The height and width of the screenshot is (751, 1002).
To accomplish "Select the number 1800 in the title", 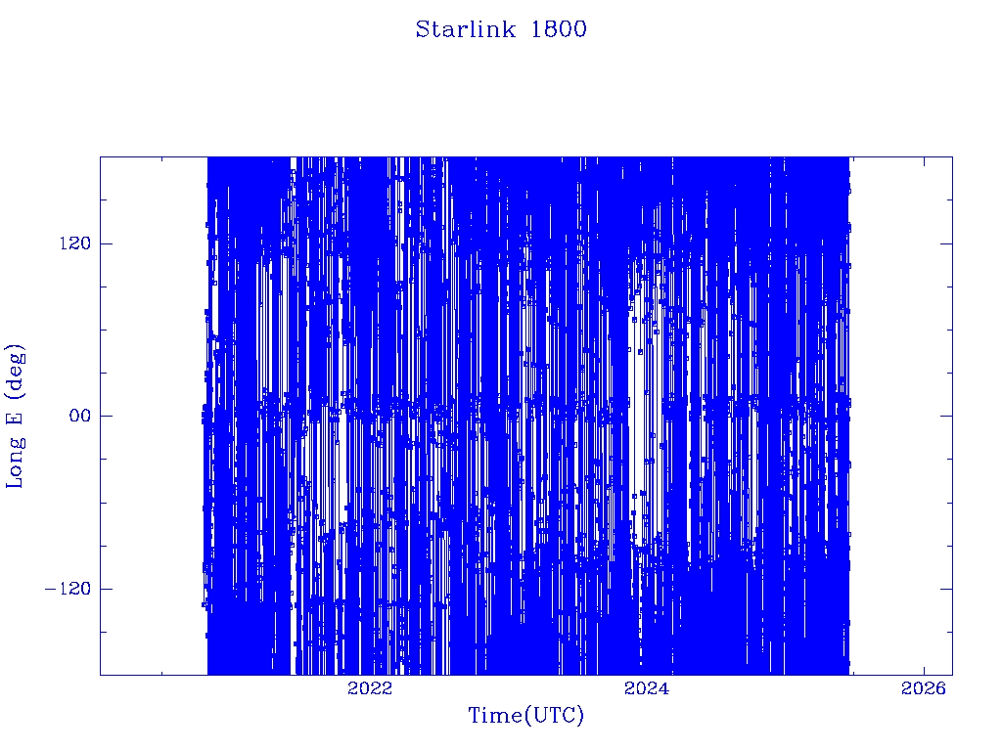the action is click(x=559, y=29).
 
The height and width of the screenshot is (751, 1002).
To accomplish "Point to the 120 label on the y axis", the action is click(x=75, y=243).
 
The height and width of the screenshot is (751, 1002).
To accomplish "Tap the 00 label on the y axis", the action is click(x=80, y=416).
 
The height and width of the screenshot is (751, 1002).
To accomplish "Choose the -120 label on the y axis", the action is click(x=68, y=588).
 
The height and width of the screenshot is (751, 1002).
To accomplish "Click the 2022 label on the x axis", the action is click(x=370, y=687).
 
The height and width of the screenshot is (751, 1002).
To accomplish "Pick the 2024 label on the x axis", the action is click(x=647, y=687).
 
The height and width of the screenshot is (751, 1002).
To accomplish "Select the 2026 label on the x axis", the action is click(x=924, y=687).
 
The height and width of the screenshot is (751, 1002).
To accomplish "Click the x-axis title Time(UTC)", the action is click(x=526, y=715).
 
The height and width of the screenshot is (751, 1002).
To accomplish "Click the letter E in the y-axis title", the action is click(x=14, y=418).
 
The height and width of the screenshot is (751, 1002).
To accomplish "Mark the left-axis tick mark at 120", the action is click(x=106, y=243).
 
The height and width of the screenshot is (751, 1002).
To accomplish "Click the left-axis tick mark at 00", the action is click(x=106, y=416).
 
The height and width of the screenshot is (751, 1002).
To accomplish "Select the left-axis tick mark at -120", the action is click(x=106, y=588).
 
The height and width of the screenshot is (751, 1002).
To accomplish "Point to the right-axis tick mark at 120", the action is click(x=946, y=243).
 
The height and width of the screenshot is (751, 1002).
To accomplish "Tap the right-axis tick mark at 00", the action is click(x=946, y=416).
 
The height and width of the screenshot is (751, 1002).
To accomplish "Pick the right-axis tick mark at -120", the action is click(x=946, y=588).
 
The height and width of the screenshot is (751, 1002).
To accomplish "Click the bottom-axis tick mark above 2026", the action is click(x=924, y=669).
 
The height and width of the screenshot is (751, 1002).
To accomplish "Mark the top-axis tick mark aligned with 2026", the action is click(x=924, y=162).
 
